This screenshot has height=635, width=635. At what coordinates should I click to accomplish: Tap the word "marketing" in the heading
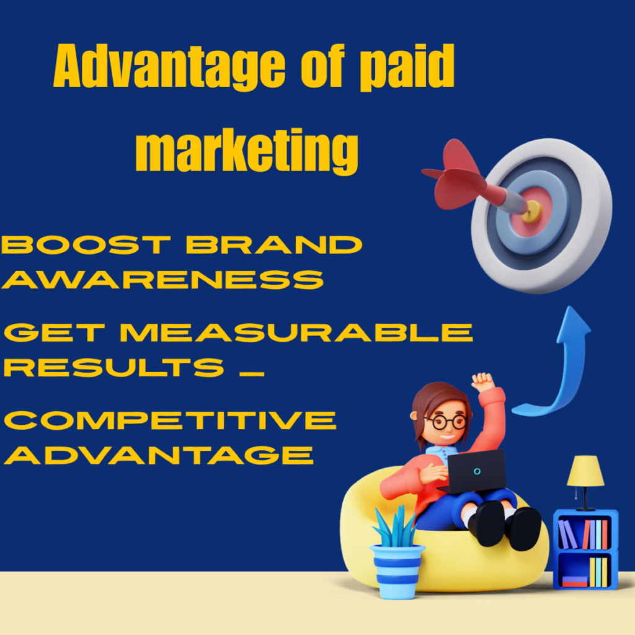[247, 151]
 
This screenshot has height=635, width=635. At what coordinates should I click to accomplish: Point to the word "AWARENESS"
[163, 280]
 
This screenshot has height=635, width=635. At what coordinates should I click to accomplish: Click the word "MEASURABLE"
[297, 333]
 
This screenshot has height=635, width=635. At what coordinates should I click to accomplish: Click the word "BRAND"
[274, 246]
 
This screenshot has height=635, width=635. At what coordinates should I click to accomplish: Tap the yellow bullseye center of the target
[532, 211]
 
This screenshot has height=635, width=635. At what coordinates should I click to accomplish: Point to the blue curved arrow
[561, 366]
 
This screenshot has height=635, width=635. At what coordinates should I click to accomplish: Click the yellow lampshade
[585, 472]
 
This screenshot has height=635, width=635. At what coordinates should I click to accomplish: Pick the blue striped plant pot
[397, 570]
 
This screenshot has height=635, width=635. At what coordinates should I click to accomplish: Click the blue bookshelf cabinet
[585, 549]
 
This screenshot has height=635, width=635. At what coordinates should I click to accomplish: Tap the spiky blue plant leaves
[395, 526]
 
